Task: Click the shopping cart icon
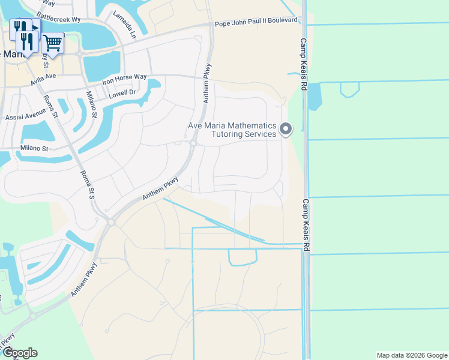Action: pos(53,43)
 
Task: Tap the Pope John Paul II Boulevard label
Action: pos(257,21)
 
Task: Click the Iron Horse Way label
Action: pos(124,77)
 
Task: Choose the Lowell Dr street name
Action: pos(122,94)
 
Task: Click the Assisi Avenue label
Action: pos(25,115)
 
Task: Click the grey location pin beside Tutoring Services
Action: pos(286,128)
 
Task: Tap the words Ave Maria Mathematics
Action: pos(232,126)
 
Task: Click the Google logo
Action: pos(20,353)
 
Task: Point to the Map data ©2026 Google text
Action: pos(411,355)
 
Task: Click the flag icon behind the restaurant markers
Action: pos(35,26)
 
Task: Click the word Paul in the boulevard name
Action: pos(247,22)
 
